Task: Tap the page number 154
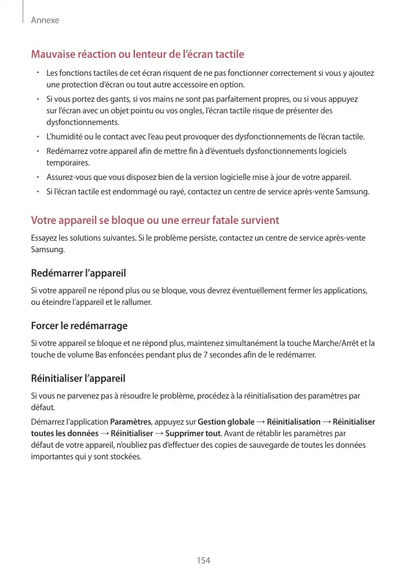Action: (203, 560)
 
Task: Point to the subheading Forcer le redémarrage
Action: (79, 326)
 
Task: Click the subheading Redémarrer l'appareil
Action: (78, 272)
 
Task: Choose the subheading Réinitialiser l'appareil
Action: (78, 379)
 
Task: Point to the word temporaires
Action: (67, 163)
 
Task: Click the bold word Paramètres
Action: (131, 421)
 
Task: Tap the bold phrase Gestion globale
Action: (226, 421)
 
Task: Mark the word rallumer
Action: (137, 302)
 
